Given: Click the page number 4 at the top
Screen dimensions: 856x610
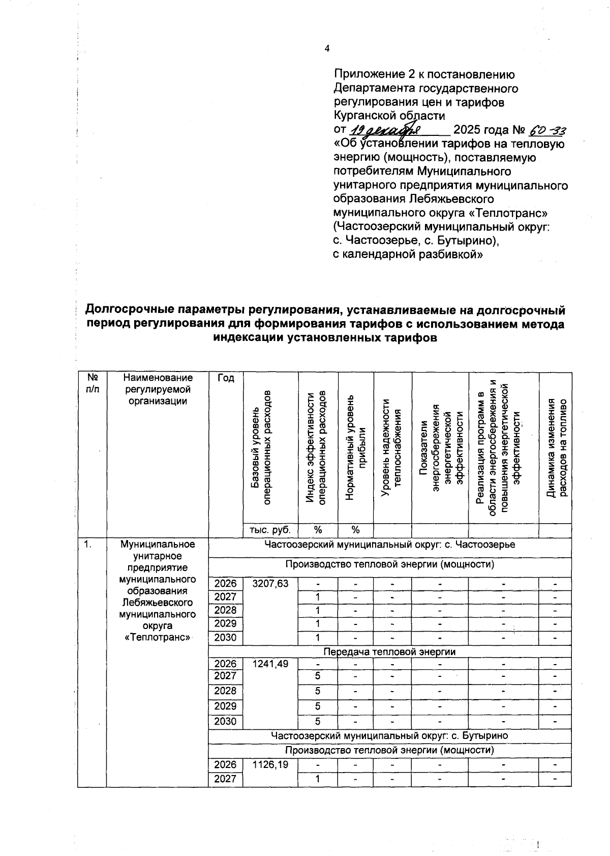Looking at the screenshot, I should (x=327, y=49).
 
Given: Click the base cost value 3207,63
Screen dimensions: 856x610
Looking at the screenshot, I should (x=270, y=584).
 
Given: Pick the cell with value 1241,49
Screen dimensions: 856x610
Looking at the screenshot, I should (x=270, y=664).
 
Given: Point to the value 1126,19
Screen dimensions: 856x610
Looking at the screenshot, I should (x=270, y=765).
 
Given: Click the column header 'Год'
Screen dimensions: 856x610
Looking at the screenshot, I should (x=225, y=378).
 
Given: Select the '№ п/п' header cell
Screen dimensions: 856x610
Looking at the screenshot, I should (x=92, y=383).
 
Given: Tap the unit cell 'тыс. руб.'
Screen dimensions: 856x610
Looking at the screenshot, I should (x=270, y=530).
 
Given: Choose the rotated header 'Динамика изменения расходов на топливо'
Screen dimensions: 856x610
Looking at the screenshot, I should (x=556, y=448).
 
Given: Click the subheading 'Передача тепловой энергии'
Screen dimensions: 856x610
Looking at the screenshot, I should (x=389, y=651).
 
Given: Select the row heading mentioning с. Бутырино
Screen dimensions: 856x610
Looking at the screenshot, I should (x=389, y=736).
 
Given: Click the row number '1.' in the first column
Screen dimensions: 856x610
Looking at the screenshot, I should (x=88, y=545).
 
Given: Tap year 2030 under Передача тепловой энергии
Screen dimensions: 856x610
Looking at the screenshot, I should (x=225, y=721).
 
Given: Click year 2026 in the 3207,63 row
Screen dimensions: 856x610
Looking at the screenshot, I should (x=225, y=584).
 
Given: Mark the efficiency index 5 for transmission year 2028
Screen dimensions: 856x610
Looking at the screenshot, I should (x=317, y=691).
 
